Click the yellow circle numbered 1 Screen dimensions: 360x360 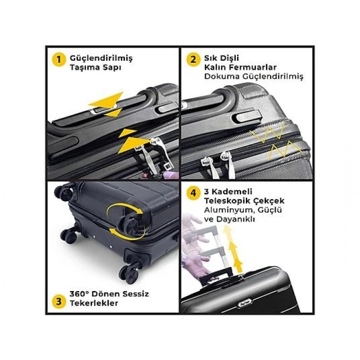point(59,60)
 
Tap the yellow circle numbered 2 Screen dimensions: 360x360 point(193,59)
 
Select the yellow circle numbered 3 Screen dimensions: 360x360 point(59,301)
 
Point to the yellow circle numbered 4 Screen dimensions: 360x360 point(193,193)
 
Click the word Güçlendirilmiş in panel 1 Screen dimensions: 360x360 point(101,59)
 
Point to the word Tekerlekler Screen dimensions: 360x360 point(94,303)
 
